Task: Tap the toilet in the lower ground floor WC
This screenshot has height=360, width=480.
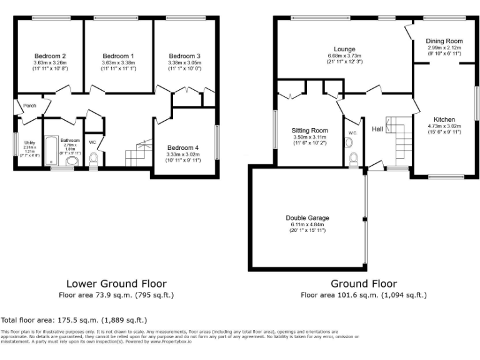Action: pos(94,161)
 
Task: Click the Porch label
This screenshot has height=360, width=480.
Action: pos(29,106)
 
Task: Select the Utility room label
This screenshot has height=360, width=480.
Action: pos(29,143)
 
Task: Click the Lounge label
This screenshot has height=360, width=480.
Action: pos(344,49)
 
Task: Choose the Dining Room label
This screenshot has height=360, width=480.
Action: pos(444,41)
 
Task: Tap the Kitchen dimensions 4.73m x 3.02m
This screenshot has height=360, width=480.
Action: pos(444,126)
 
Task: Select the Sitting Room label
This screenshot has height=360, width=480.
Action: pos(309,130)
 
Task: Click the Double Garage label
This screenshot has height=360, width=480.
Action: pos(307,217)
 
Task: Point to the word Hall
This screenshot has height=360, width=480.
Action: pos(377,129)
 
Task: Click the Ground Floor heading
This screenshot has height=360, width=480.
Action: pos(363,284)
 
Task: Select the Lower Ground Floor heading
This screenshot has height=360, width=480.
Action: pos(116,284)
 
